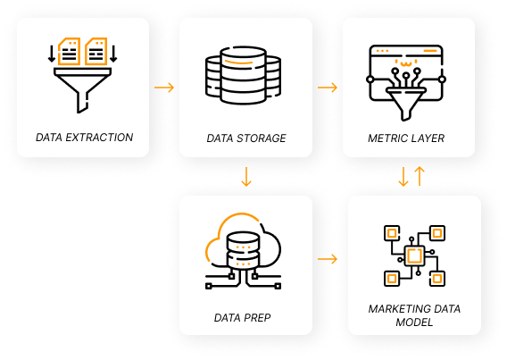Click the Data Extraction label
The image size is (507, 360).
[x=84, y=138]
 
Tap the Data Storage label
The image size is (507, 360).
[x=246, y=138]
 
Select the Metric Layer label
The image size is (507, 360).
[x=406, y=138]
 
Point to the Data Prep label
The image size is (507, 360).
[x=242, y=317]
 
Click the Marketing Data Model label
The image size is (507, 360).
[x=413, y=314]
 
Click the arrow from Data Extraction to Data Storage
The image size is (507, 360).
[x=164, y=88]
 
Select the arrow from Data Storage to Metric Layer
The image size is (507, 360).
[x=328, y=87]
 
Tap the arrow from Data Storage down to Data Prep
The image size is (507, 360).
[x=246, y=177]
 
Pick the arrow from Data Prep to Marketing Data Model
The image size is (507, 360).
[x=328, y=259]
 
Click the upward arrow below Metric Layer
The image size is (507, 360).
[x=420, y=175]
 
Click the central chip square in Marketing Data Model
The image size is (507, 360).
[x=413, y=256]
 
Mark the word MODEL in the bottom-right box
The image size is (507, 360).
[x=413, y=322]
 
